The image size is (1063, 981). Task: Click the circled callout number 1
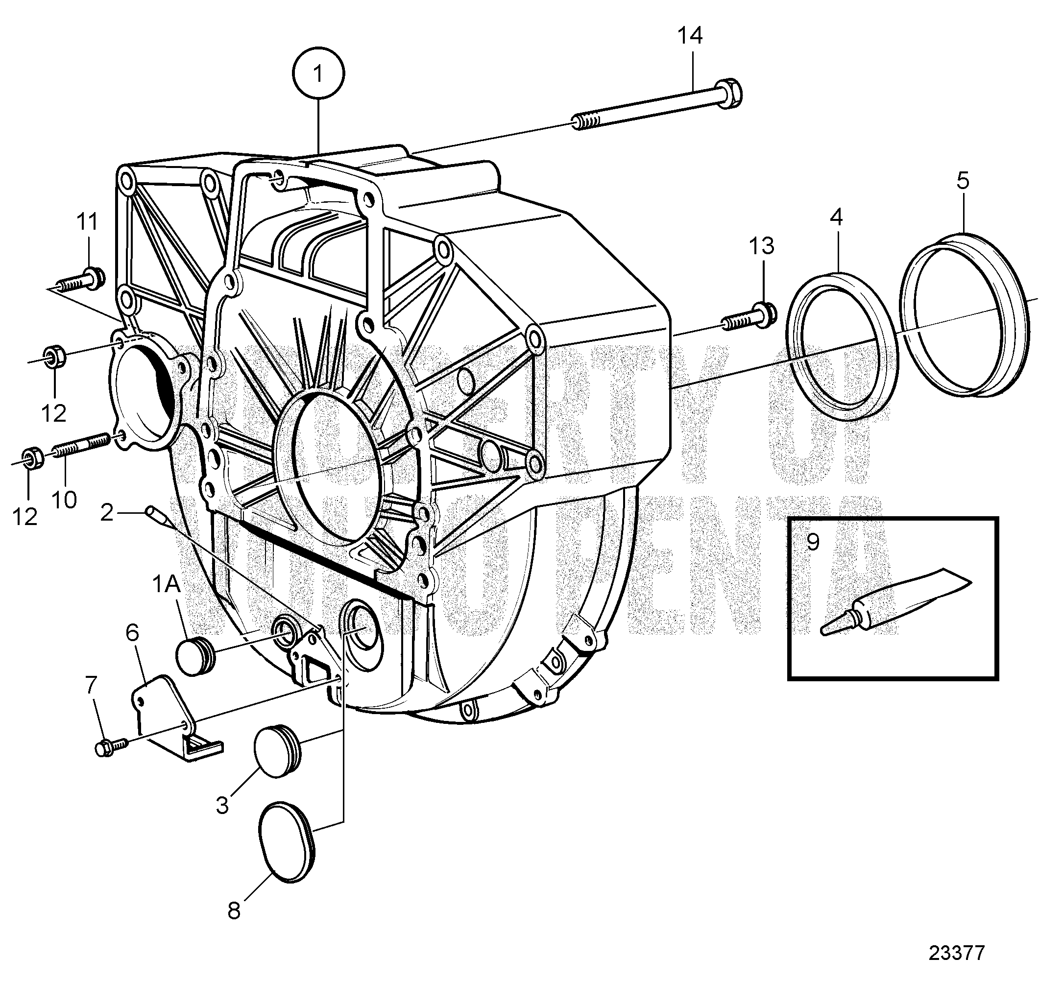coord(318,74)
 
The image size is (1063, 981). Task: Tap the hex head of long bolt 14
coord(728,94)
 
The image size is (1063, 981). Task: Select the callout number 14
coord(690,36)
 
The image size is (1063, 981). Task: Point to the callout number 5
coord(963,181)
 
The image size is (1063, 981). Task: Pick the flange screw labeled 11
coord(80,281)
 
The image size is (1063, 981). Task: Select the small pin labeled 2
coord(153,514)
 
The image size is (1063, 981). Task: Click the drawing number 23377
coord(956,952)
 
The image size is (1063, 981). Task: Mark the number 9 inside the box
coord(812,542)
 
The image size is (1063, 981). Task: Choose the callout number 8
coord(234,911)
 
